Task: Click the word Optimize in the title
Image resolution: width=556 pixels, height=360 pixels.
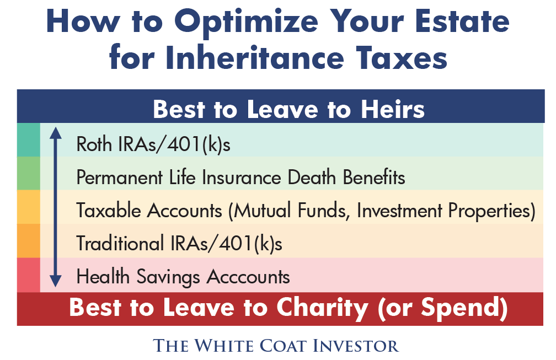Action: pos(246,22)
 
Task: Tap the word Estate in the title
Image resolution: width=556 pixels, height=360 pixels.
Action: pos(462,22)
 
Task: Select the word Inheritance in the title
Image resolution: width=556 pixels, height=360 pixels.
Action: pos(255,58)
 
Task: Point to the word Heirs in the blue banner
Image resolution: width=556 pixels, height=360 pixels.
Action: pos(393,109)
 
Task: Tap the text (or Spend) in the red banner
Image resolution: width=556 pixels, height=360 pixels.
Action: pos(442,308)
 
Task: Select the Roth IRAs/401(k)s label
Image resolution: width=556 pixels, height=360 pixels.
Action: pos(153,144)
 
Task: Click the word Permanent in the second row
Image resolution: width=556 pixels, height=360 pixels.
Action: pos(120,177)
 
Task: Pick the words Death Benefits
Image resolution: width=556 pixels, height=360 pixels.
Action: pos(346,177)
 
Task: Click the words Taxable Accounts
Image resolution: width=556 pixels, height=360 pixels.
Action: pos(149,211)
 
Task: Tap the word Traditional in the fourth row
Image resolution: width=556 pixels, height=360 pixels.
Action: pos(120,244)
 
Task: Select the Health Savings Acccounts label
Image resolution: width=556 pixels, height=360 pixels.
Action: pos(183,277)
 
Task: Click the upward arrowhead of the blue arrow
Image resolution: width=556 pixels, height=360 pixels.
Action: pos(55,133)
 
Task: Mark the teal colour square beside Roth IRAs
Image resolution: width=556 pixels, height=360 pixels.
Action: pos(29,140)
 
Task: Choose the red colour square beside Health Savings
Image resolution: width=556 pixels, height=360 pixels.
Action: pos(29,275)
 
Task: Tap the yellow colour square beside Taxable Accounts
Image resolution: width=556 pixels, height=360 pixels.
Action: pos(29,207)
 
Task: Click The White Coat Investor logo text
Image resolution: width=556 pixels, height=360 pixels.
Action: pos(276,346)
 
